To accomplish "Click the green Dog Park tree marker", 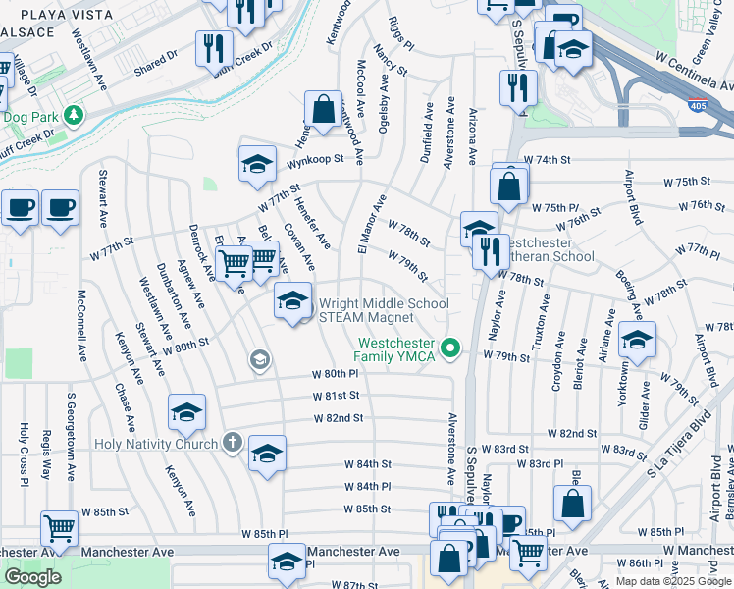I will (x=73, y=116).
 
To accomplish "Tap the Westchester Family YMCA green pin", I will (x=451, y=348).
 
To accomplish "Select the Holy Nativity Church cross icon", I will (x=231, y=443).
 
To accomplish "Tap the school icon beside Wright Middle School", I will (x=291, y=300).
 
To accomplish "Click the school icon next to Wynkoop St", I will (x=257, y=163).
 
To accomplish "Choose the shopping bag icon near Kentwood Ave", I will (x=322, y=108).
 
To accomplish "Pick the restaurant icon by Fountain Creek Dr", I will (x=213, y=48).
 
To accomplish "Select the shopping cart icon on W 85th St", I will (x=59, y=527).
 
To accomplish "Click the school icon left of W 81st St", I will (x=186, y=412).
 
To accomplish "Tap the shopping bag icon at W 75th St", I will (x=508, y=185).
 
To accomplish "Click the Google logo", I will (x=33, y=577).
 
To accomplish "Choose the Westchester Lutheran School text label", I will (x=546, y=249).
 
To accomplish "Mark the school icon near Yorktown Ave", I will (x=637, y=340).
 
